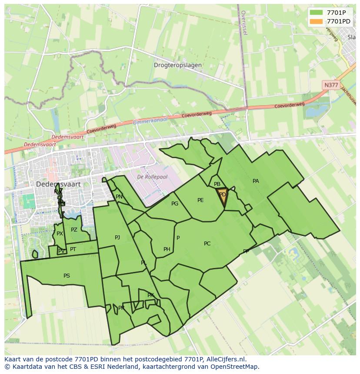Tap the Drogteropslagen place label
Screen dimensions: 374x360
tap(177, 65)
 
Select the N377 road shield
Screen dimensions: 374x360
tap(330, 85)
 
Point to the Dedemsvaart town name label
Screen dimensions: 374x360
tap(58, 184)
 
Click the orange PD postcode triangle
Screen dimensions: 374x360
tap(223, 195)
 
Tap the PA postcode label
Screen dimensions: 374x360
tap(256, 181)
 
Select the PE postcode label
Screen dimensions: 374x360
tap(200, 200)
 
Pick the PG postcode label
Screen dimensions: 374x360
tap(175, 204)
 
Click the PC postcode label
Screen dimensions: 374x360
tap(207, 244)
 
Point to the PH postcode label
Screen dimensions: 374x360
tap(167, 249)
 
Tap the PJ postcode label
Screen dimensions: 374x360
tap(117, 238)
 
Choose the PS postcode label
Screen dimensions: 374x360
tap(67, 276)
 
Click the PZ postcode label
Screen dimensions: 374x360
tap(74, 230)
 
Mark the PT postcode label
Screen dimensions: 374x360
tap(73, 249)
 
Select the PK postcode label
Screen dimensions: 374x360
tap(150, 295)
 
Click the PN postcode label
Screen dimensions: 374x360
tap(119, 197)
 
